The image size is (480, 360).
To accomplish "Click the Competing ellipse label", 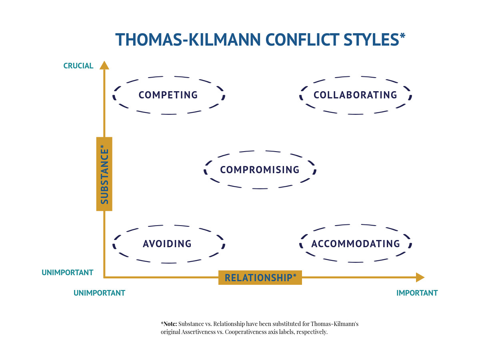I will tap(168, 95).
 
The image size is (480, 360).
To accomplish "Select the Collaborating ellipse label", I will tap(355, 95).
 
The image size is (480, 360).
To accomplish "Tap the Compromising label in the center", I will tap(260, 170).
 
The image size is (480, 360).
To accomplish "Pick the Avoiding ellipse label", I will tap(167, 244).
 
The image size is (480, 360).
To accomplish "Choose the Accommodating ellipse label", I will tap(356, 244).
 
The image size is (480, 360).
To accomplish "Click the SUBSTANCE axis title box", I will tap(104, 174).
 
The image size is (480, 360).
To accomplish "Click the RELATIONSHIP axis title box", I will tap(260, 278).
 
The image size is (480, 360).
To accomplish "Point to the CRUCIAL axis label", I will tap(78, 66).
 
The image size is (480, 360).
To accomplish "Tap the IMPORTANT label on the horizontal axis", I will tap(417, 293).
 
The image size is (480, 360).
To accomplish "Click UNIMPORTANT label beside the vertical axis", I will tap(67, 273).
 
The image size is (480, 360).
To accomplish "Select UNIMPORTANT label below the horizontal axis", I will tap(99, 293).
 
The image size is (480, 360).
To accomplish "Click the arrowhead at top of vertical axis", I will tap(104, 65).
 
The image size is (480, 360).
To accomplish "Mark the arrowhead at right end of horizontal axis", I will tap(420, 278).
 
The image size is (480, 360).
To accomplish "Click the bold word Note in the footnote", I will tap(170, 324).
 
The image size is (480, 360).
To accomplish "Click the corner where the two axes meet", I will tap(104, 277).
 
